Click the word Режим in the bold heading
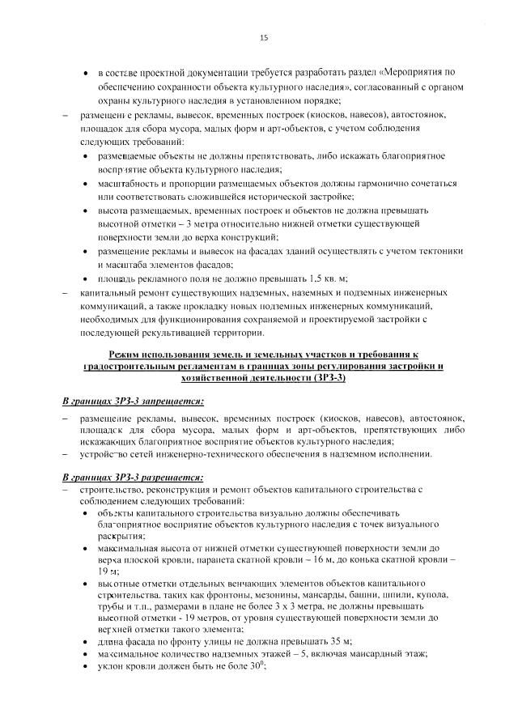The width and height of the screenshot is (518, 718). [125, 355]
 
